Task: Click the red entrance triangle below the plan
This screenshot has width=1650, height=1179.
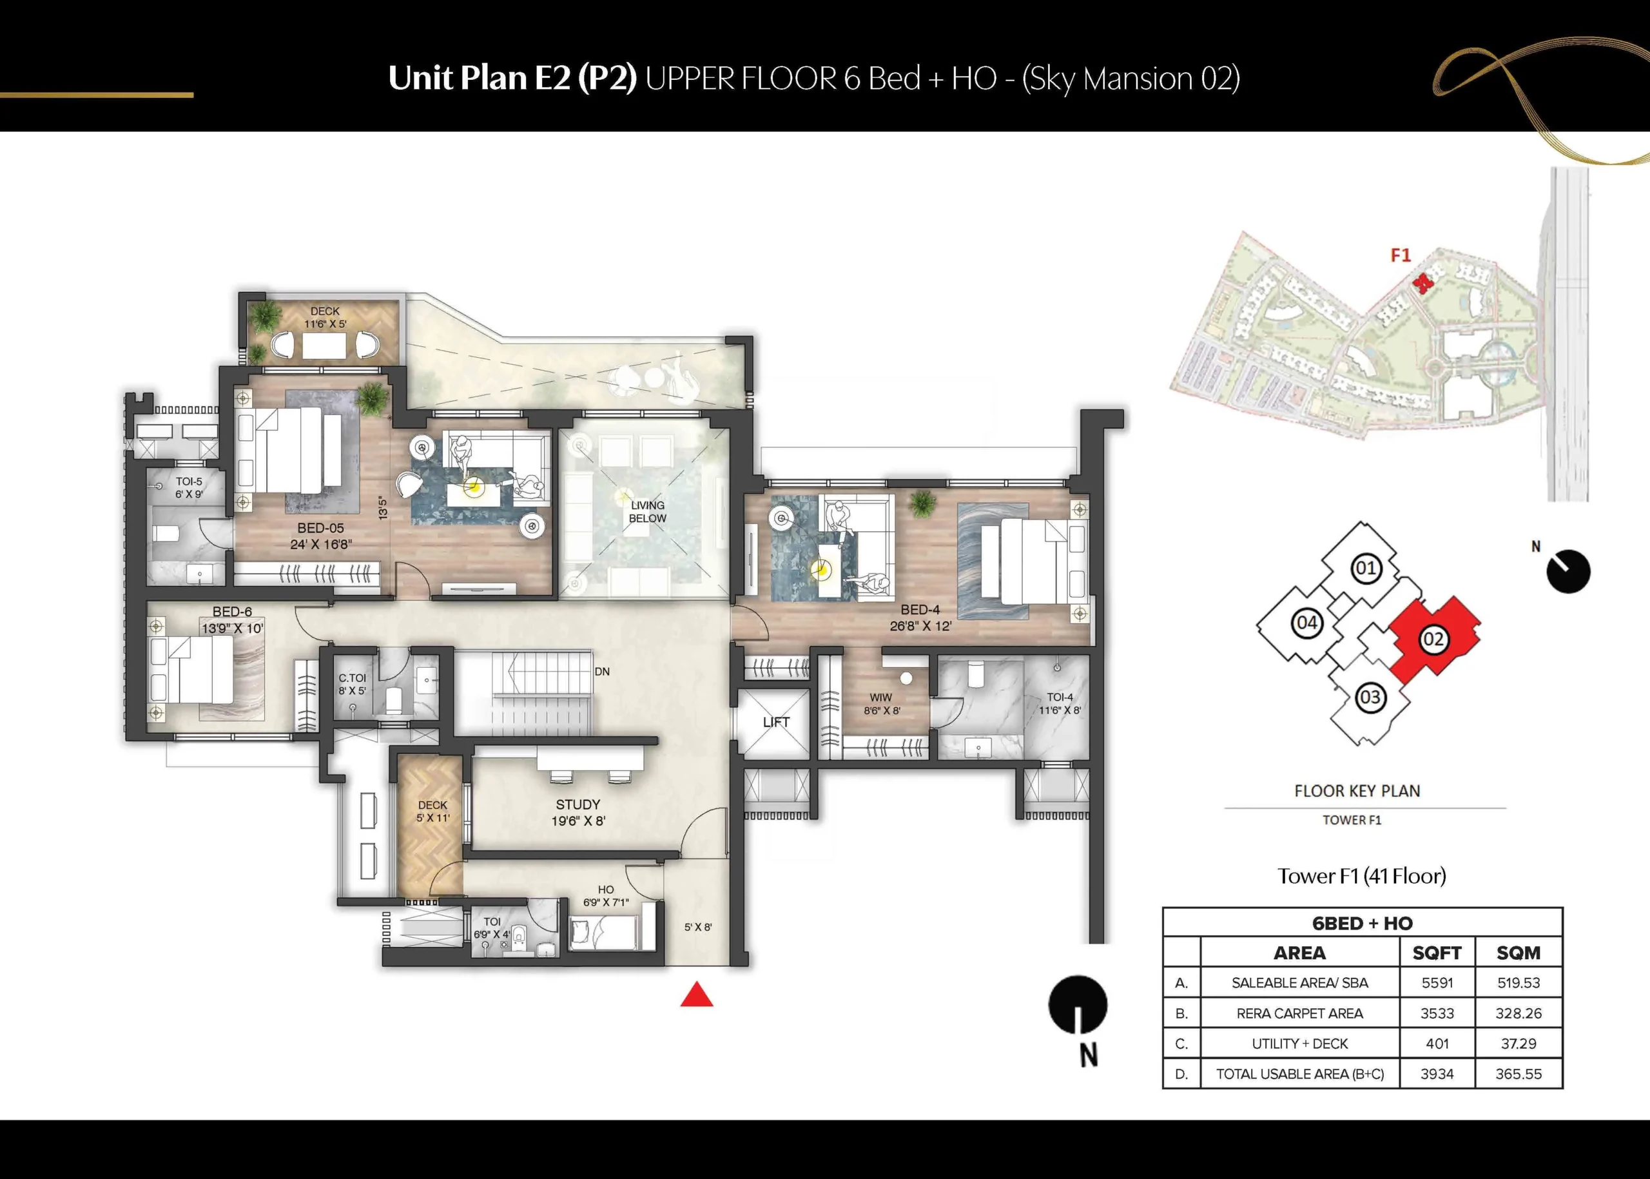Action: point(697,995)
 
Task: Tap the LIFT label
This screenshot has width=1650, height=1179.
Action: point(776,723)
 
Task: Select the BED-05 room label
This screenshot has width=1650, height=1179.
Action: point(320,529)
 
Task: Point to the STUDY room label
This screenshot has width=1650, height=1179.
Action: point(578,804)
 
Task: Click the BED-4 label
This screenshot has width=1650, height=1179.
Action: point(920,610)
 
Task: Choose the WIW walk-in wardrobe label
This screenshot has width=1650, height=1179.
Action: point(880,697)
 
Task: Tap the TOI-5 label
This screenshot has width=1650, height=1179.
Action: point(189,482)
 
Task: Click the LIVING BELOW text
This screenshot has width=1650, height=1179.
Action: point(648,512)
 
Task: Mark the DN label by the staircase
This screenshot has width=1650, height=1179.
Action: point(602,672)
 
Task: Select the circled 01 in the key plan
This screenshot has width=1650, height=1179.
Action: point(1366,568)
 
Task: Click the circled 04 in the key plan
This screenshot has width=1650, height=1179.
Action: point(1306,623)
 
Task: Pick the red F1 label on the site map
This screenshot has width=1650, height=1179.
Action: point(1401,255)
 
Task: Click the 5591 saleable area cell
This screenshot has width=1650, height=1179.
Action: point(1437,983)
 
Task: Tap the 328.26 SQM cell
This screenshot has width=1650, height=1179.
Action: point(1519,1013)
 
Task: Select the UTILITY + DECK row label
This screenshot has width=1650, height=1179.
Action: point(1299,1044)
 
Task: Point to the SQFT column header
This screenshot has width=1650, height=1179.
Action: point(1437,953)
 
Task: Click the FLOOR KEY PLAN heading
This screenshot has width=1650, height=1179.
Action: point(1357,792)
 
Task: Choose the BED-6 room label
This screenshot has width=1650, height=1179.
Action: point(232,612)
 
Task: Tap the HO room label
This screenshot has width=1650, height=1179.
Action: point(606,890)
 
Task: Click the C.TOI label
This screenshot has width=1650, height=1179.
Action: point(352,678)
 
